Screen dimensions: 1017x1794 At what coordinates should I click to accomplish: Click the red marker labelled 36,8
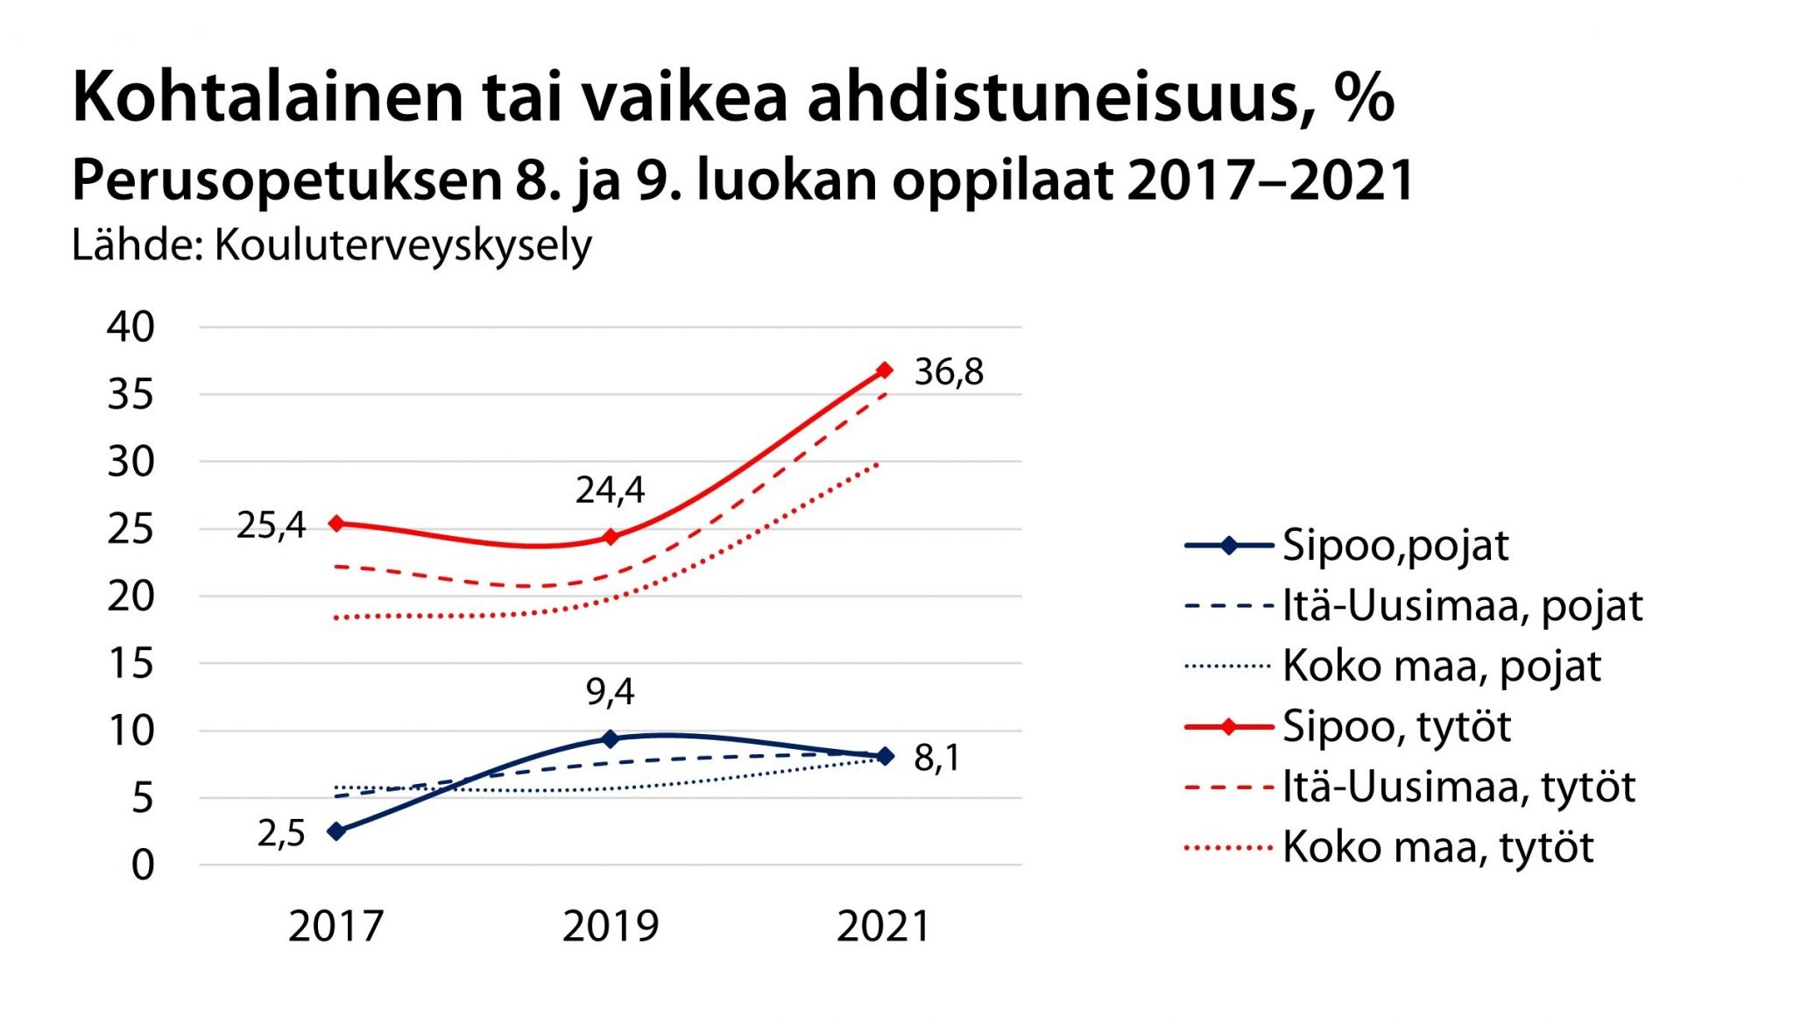click(885, 371)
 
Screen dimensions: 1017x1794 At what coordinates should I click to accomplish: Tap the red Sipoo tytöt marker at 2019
click(611, 536)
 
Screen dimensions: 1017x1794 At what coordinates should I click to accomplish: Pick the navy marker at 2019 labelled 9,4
click(611, 738)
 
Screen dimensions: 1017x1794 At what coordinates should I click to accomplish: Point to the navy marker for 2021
click(885, 756)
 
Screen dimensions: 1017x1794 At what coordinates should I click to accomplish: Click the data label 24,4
click(610, 491)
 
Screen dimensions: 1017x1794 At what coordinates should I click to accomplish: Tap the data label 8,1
click(936, 759)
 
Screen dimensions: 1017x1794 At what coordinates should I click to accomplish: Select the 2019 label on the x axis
click(611, 927)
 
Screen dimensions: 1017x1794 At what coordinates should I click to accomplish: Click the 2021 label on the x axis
click(884, 927)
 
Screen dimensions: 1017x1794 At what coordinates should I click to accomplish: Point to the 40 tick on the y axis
click(131, 327)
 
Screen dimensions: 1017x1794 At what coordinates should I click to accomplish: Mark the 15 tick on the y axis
click(131, 663)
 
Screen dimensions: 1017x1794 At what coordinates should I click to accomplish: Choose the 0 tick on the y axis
click(143, 865)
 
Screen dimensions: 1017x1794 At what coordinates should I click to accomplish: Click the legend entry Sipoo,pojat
click(1395, 546)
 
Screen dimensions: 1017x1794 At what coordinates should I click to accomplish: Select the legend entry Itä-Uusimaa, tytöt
click(1459, 787)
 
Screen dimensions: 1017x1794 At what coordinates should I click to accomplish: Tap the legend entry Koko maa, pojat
click(1441, 667)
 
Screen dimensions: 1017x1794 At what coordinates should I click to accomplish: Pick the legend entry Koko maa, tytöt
click(1437, 847)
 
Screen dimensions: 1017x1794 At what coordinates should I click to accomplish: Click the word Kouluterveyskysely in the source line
click(403, 245)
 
